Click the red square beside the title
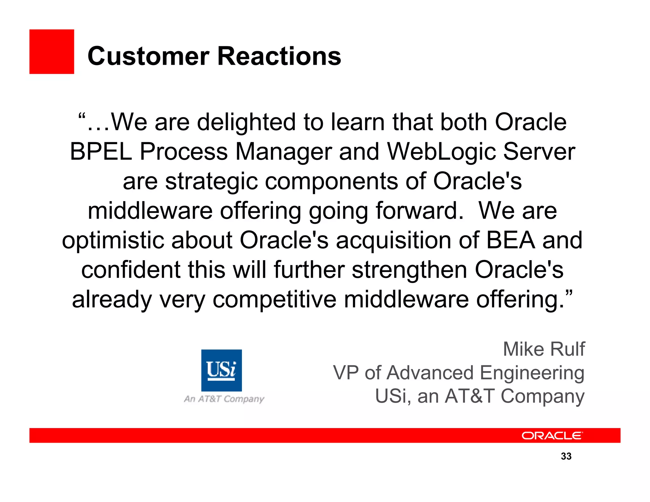[52, 52]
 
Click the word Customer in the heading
[148, 56]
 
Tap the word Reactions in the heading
[279, 56]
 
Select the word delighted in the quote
[246, 122]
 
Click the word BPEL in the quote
[101, 152]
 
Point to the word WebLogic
[441, 152]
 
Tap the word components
[331, 182]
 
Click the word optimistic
[113, 240]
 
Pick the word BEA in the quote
[511, 240]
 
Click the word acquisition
[394, 240]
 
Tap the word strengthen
[409, 270]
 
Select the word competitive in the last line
[274, 299]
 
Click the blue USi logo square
[221, 370]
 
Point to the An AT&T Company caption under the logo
[224, 399]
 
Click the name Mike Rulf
[544, 349]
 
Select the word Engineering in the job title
[532, 373]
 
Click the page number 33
[566, 456]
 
